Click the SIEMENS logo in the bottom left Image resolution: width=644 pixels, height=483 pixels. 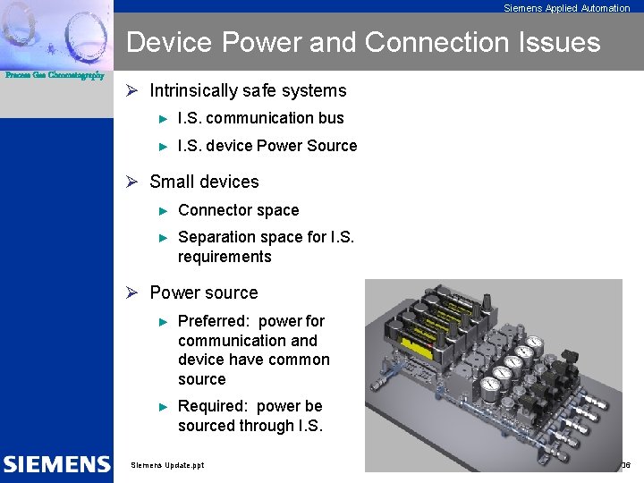pyautogui.click(x=56, y=464)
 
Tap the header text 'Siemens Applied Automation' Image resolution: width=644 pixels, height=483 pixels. pyautogui.click(x=566, y=8)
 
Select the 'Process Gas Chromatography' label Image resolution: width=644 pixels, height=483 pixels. pyautogui.click(x=55, y=76)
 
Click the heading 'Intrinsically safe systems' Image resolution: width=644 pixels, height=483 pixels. pyautogui.click(x=248, y=90)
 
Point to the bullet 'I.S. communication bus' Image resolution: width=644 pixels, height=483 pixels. pyautogui.click(x=260, y=118)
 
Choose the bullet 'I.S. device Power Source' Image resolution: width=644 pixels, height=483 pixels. pyautogui.click(x=267, y=146)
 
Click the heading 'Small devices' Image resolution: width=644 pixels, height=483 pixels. pyautogui.click(x=204, y=182)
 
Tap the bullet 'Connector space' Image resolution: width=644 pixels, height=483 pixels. pyautogui.click(x=238, y=210)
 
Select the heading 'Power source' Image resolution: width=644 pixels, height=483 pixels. pyautogui.click(x=203, y=292)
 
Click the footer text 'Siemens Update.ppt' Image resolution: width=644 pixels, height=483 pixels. pyautogui.click(x=167, y=465)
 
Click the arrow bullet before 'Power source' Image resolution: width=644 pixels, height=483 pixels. pyautogui.click(x=131, y=293)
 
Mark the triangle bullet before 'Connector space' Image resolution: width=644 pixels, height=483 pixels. pyautogui.click(x=164, y=211)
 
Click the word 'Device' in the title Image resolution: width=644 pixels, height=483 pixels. pyautogui.click(x=171, y=42)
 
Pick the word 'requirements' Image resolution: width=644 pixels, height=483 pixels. pyautogui.click(x=225, y=257)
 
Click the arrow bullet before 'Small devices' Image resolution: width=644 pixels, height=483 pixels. pyautogui.click(x=131, y=182)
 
